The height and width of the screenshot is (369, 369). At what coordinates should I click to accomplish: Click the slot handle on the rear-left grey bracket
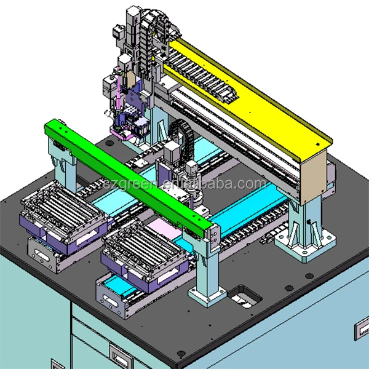click(44, 253)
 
